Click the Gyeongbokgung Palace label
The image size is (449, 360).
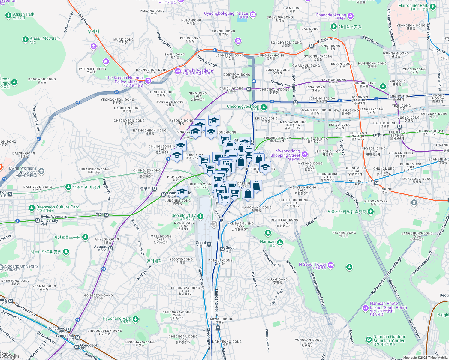click(x=226, y=13)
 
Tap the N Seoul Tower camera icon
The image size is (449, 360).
click(x=331, y=265)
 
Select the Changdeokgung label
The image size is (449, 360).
click(x=331, y=15)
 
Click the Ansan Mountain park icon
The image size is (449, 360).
click(x=26, y=39)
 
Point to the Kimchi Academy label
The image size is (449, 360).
click(x=198, y=70)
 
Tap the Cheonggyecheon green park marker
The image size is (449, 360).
click(x=264, y=107)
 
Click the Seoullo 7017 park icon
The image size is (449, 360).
click(x=200, y=216)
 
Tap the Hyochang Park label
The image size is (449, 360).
click(x=117, y=319)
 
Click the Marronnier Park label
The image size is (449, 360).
click(x=413, y=6)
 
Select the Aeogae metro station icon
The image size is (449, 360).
click(x=111, y=248)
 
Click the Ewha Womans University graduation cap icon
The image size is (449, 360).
click(x=41, y=171)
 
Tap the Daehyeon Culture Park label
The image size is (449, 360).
click(x=57, y=207)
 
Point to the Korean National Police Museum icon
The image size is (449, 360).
click(x=148, y=81)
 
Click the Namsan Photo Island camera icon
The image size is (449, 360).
click(x=365, y=308)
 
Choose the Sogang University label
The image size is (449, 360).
click(x=22, y=266)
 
